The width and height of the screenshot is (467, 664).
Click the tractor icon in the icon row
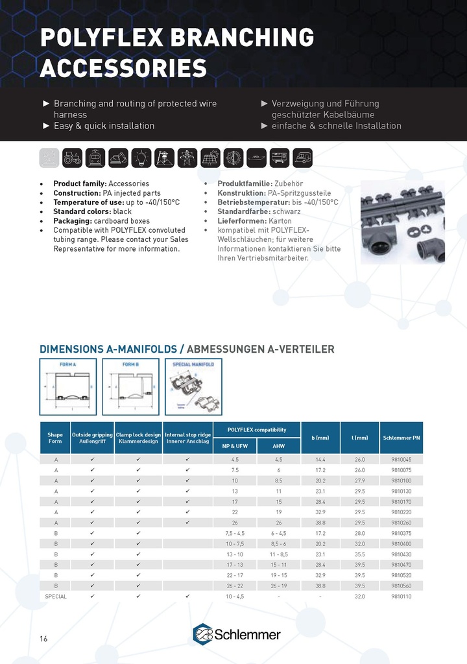[x=72, y=158]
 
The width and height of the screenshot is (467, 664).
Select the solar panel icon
[x=210, y=158]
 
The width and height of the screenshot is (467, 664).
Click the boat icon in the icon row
[x=256, y=158]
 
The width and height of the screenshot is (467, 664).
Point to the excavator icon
[x=118, y=158]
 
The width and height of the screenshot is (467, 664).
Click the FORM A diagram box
[x=68, y=386]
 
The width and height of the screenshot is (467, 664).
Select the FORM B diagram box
[x=130, y=386]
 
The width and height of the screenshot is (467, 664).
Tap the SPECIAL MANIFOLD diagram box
[x=193, y=386]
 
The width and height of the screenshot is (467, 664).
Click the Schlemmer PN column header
[x=401, y=438]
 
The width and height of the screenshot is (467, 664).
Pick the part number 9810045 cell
[x=401, y=459]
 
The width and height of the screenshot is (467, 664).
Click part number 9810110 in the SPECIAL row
[x=401, y=596]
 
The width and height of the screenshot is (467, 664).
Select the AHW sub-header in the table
[x=279, y=446]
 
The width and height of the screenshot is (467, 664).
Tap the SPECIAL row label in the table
[x=55, y=596]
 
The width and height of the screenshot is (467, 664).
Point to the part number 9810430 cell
[x=401, y=554]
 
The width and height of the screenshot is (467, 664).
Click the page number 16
[x=43, y=639]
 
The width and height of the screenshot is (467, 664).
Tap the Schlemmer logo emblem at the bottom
[x=203, y=634]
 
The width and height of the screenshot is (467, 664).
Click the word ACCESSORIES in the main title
[x=123, y=67]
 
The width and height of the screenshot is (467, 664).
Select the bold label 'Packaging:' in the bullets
[x=73, y=221]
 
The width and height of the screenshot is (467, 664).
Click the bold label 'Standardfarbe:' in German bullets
[x=243, y=212]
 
